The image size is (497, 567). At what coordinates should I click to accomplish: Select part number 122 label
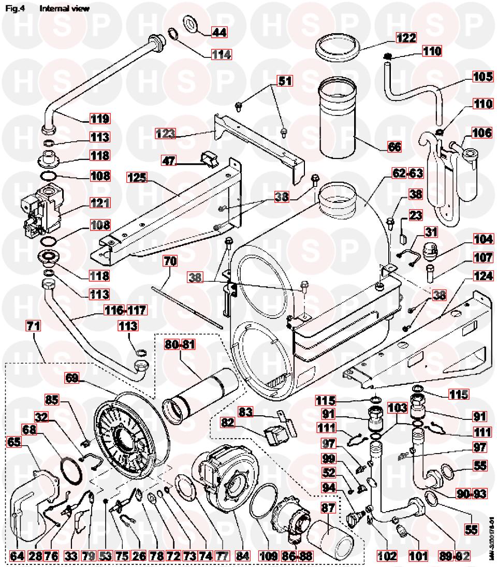tap(406, 38)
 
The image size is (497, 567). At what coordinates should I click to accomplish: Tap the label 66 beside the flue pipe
tap(394, 147)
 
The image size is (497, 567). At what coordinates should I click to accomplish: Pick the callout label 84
tap(243, 556)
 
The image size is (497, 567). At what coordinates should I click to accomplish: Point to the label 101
tap(418, 556)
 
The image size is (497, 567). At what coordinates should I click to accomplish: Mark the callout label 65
tap(15, 442)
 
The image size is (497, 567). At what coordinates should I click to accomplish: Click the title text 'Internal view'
tap(64, 8)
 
